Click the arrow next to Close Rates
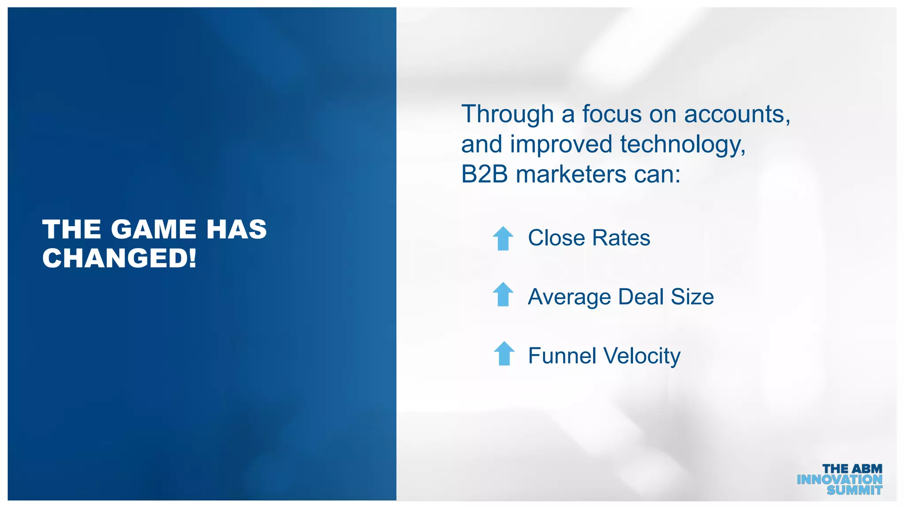(x=503, y=239)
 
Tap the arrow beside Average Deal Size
(x=503, y=294)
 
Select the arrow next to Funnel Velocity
(x=504, y=354)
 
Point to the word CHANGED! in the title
(x=119, y=258)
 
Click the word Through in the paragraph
(x=507, y=115)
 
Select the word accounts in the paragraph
(x=737, y=114)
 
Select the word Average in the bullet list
(x=569, y=297)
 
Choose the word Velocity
(x=642, y=356)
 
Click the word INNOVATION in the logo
(x=839, y=479)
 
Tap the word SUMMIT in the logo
(x=854, y=490)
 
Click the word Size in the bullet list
(x=692, y=297)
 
